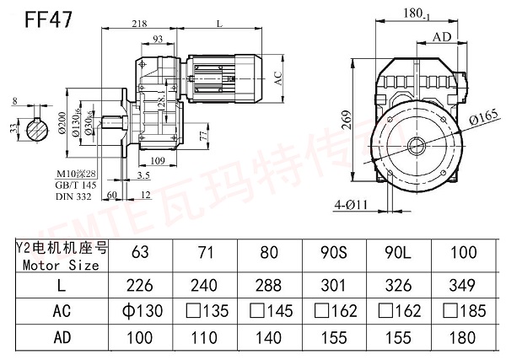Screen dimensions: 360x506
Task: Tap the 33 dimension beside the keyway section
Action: [10, 129]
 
